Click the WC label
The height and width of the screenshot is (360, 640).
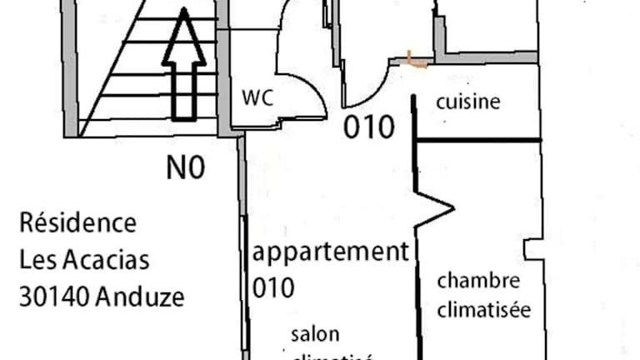pos(258,97)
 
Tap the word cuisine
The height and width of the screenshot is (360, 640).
pos(468,102)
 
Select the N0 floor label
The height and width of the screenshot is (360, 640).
pos(185,169)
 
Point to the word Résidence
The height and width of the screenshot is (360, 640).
pos(77,223)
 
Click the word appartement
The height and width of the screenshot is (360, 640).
pos(331,252)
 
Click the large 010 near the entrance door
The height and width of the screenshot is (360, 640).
pos(368,127)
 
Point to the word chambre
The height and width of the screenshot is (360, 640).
pos(478,281)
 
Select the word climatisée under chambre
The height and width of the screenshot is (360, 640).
pos(484,311)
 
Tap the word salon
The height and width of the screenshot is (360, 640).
pos(315,335)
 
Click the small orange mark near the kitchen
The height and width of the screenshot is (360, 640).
pos(415,59)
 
